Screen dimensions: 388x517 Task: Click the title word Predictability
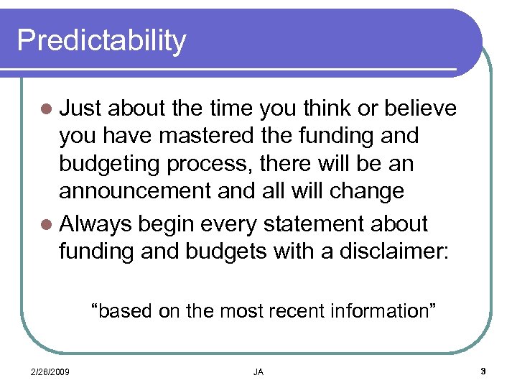point(101,40)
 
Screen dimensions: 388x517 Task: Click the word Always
point(96,223)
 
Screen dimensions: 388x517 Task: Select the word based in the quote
point(118,311)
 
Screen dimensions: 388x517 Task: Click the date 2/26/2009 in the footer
point(50,371)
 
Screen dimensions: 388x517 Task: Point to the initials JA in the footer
point(258,371)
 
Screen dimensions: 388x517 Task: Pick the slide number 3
point(483,371)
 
